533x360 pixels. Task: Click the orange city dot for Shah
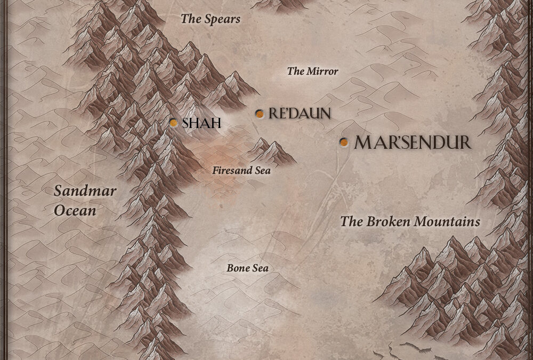pos(173,123)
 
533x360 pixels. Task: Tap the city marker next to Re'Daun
pos(259,114)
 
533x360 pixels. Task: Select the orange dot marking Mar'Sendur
pos(344,142)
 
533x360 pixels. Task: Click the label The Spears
pos(211,19)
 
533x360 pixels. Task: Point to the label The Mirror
pos(312,71)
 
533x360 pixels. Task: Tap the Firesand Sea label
pos(241,171)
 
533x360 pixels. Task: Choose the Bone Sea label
pos(247,268)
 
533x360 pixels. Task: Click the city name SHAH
pos(201,123)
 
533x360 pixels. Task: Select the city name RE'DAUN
pos(300,114)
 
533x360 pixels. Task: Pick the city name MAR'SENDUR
pos(413,142)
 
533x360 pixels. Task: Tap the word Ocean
pos(75,211)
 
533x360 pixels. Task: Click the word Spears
pos(221,19)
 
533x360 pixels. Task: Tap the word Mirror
pos(321,71)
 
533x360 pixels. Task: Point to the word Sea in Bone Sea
pos(259,268)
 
